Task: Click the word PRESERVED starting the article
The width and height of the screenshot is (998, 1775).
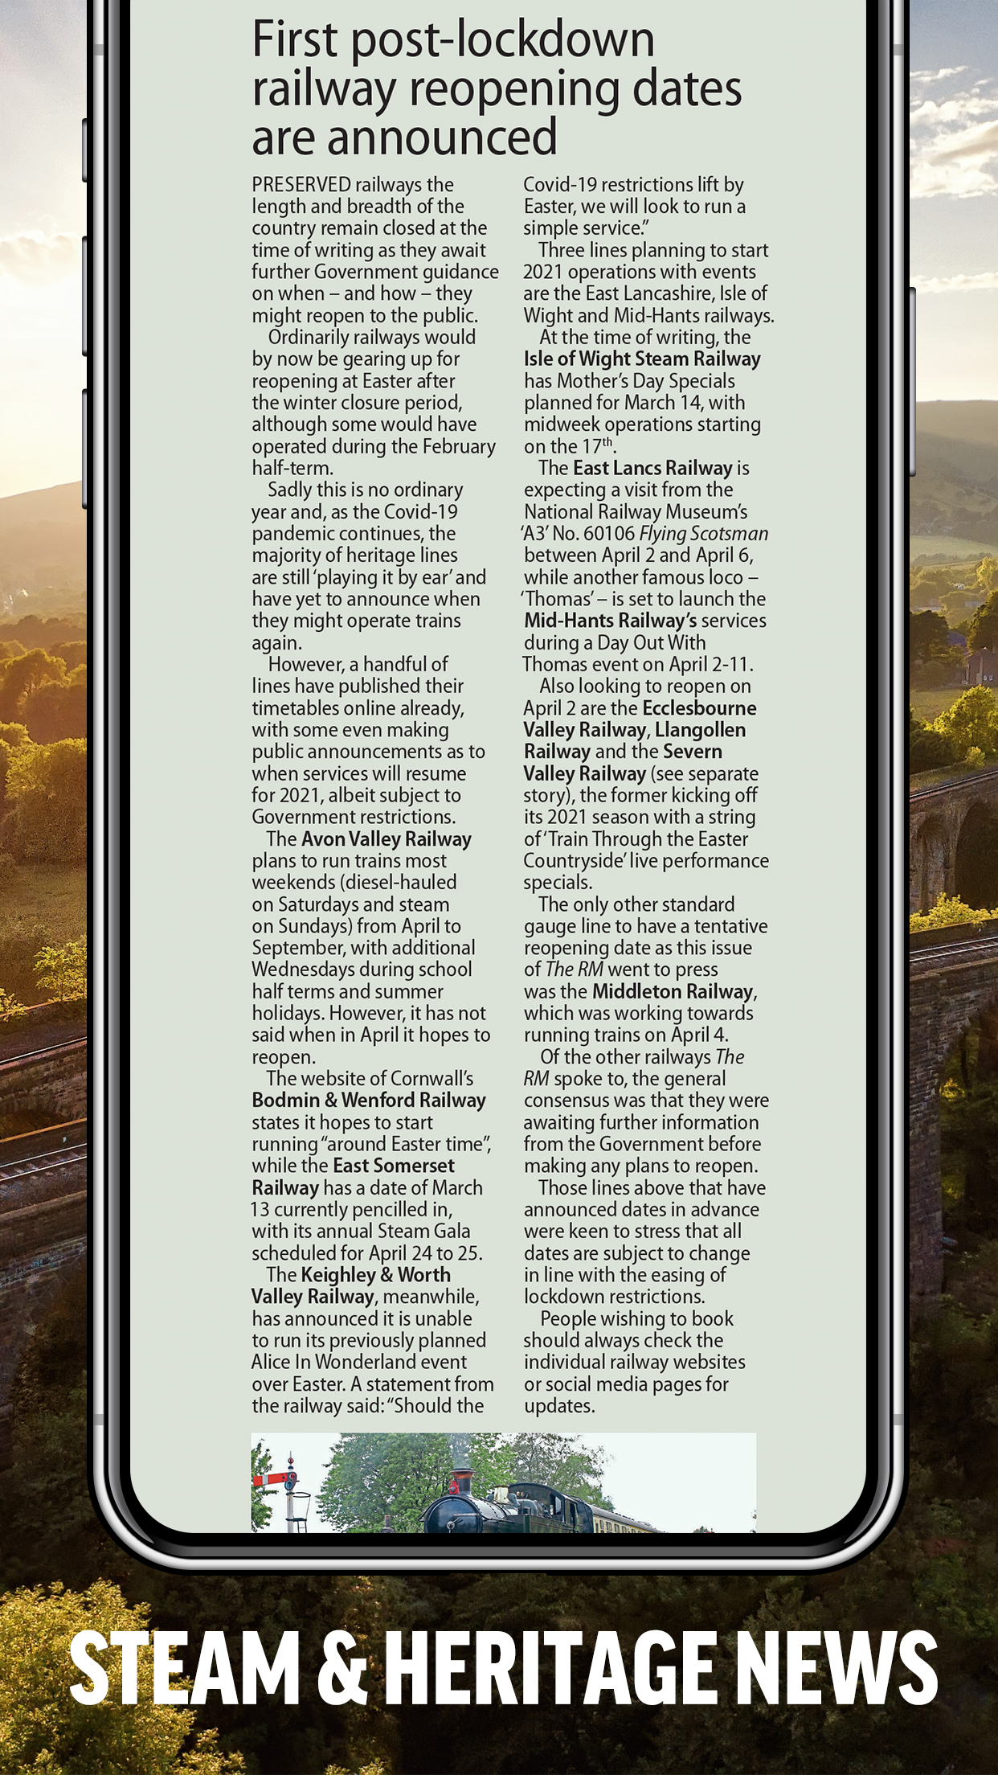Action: pos(301,185)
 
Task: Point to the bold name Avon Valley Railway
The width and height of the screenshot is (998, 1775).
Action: pos(386,839)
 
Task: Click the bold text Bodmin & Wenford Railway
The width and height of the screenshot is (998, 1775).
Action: pos(369,1101)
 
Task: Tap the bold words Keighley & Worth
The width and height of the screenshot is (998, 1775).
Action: pos(375,1275)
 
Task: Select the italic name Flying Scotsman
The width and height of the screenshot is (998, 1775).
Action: pos(704,534)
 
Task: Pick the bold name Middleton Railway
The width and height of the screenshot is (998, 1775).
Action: pos(673,992)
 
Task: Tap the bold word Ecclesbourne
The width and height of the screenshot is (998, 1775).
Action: pos(699,708)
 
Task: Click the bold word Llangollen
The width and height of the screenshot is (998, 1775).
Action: pos(700,730)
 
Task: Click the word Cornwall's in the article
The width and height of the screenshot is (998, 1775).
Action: pos(432,1079)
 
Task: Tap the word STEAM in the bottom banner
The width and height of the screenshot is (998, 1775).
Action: pos(185,1668)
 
